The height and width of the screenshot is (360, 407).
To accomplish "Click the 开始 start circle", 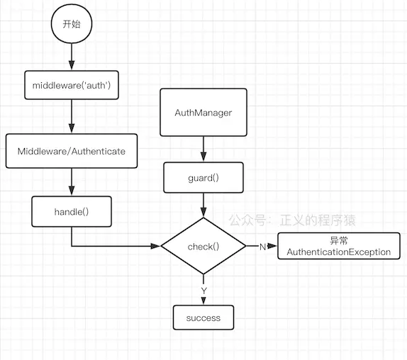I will click(71, 23).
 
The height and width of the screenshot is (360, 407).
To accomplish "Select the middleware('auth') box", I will click(71, 85).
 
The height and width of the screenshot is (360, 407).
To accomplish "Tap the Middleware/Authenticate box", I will click(71, 151).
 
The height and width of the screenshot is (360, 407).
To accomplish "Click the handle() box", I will click(71, 212).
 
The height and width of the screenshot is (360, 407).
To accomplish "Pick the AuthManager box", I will click(203, 113).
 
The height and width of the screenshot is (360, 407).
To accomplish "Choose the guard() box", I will click(203, 178).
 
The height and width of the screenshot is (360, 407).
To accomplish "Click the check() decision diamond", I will click(203, 246).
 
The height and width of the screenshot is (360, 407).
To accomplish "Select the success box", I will click(203, 317).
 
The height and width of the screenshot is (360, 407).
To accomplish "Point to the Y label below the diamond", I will click(203, 290).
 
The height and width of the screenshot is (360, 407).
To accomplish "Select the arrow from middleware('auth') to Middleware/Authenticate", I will click(71, 116).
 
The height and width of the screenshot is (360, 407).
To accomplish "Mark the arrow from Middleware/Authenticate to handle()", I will click(71, 181).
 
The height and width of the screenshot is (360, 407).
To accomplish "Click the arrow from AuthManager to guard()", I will click(203, 149).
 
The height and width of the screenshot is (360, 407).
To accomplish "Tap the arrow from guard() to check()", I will click(203, 205).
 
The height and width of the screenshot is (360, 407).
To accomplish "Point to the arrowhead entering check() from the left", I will click(156, 246).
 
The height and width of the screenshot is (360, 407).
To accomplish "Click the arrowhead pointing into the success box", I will click(203, 300).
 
